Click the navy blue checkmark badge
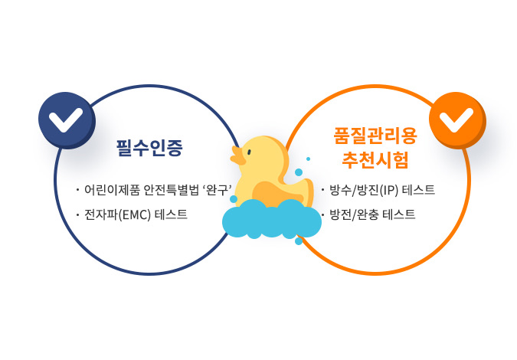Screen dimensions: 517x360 [67, 120]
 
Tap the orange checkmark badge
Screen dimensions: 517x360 [457, 120]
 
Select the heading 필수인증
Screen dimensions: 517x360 [149, 148]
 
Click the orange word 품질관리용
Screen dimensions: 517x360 [375, 136]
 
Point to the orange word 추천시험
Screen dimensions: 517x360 [375, 160]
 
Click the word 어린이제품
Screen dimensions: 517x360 [112, 190]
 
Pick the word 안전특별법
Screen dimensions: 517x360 [171, 190]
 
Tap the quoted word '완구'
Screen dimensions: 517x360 [217, 190]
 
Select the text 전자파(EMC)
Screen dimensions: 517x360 [117, 215]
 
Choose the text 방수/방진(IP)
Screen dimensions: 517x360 [364, 190]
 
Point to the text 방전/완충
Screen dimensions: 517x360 [354, 214]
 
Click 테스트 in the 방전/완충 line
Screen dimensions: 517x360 [399, 214]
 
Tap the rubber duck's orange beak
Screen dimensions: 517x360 [237, 156]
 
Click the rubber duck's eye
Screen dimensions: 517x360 [249, 152]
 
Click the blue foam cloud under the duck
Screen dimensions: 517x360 [272, 218]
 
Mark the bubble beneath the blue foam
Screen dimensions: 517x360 [299, 241]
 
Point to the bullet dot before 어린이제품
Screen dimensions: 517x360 [78, 191]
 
